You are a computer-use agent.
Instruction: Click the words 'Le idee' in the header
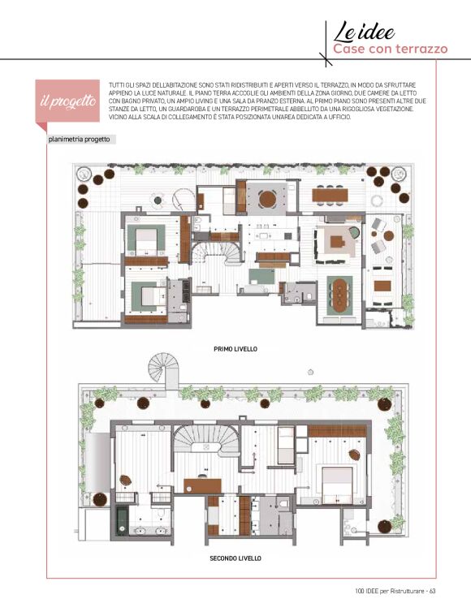click(364, 32)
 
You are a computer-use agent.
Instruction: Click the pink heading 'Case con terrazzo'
click(390, 50)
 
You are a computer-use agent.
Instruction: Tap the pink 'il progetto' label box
click(67, 101)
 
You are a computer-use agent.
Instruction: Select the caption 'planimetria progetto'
click(79, 140)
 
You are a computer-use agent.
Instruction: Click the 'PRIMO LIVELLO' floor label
click(235, 349)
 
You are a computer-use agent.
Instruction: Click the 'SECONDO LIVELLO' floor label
click(235, 558)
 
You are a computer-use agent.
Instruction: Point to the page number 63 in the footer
click(432, 591)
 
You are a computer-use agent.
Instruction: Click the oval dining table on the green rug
click(339, 295)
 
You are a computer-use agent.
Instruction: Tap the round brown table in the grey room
click(267, 199)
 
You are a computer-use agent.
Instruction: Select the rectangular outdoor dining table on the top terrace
click(330, 195)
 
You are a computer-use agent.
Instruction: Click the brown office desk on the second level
click(203, 485)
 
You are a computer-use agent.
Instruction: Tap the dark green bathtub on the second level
click(122, 520)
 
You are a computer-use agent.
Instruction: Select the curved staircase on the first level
click(214, 254)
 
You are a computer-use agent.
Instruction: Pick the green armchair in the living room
click(353, 232)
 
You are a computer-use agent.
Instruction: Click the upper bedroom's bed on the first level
click(146, 240)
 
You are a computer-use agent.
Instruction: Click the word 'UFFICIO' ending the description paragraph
click(340, 117)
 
